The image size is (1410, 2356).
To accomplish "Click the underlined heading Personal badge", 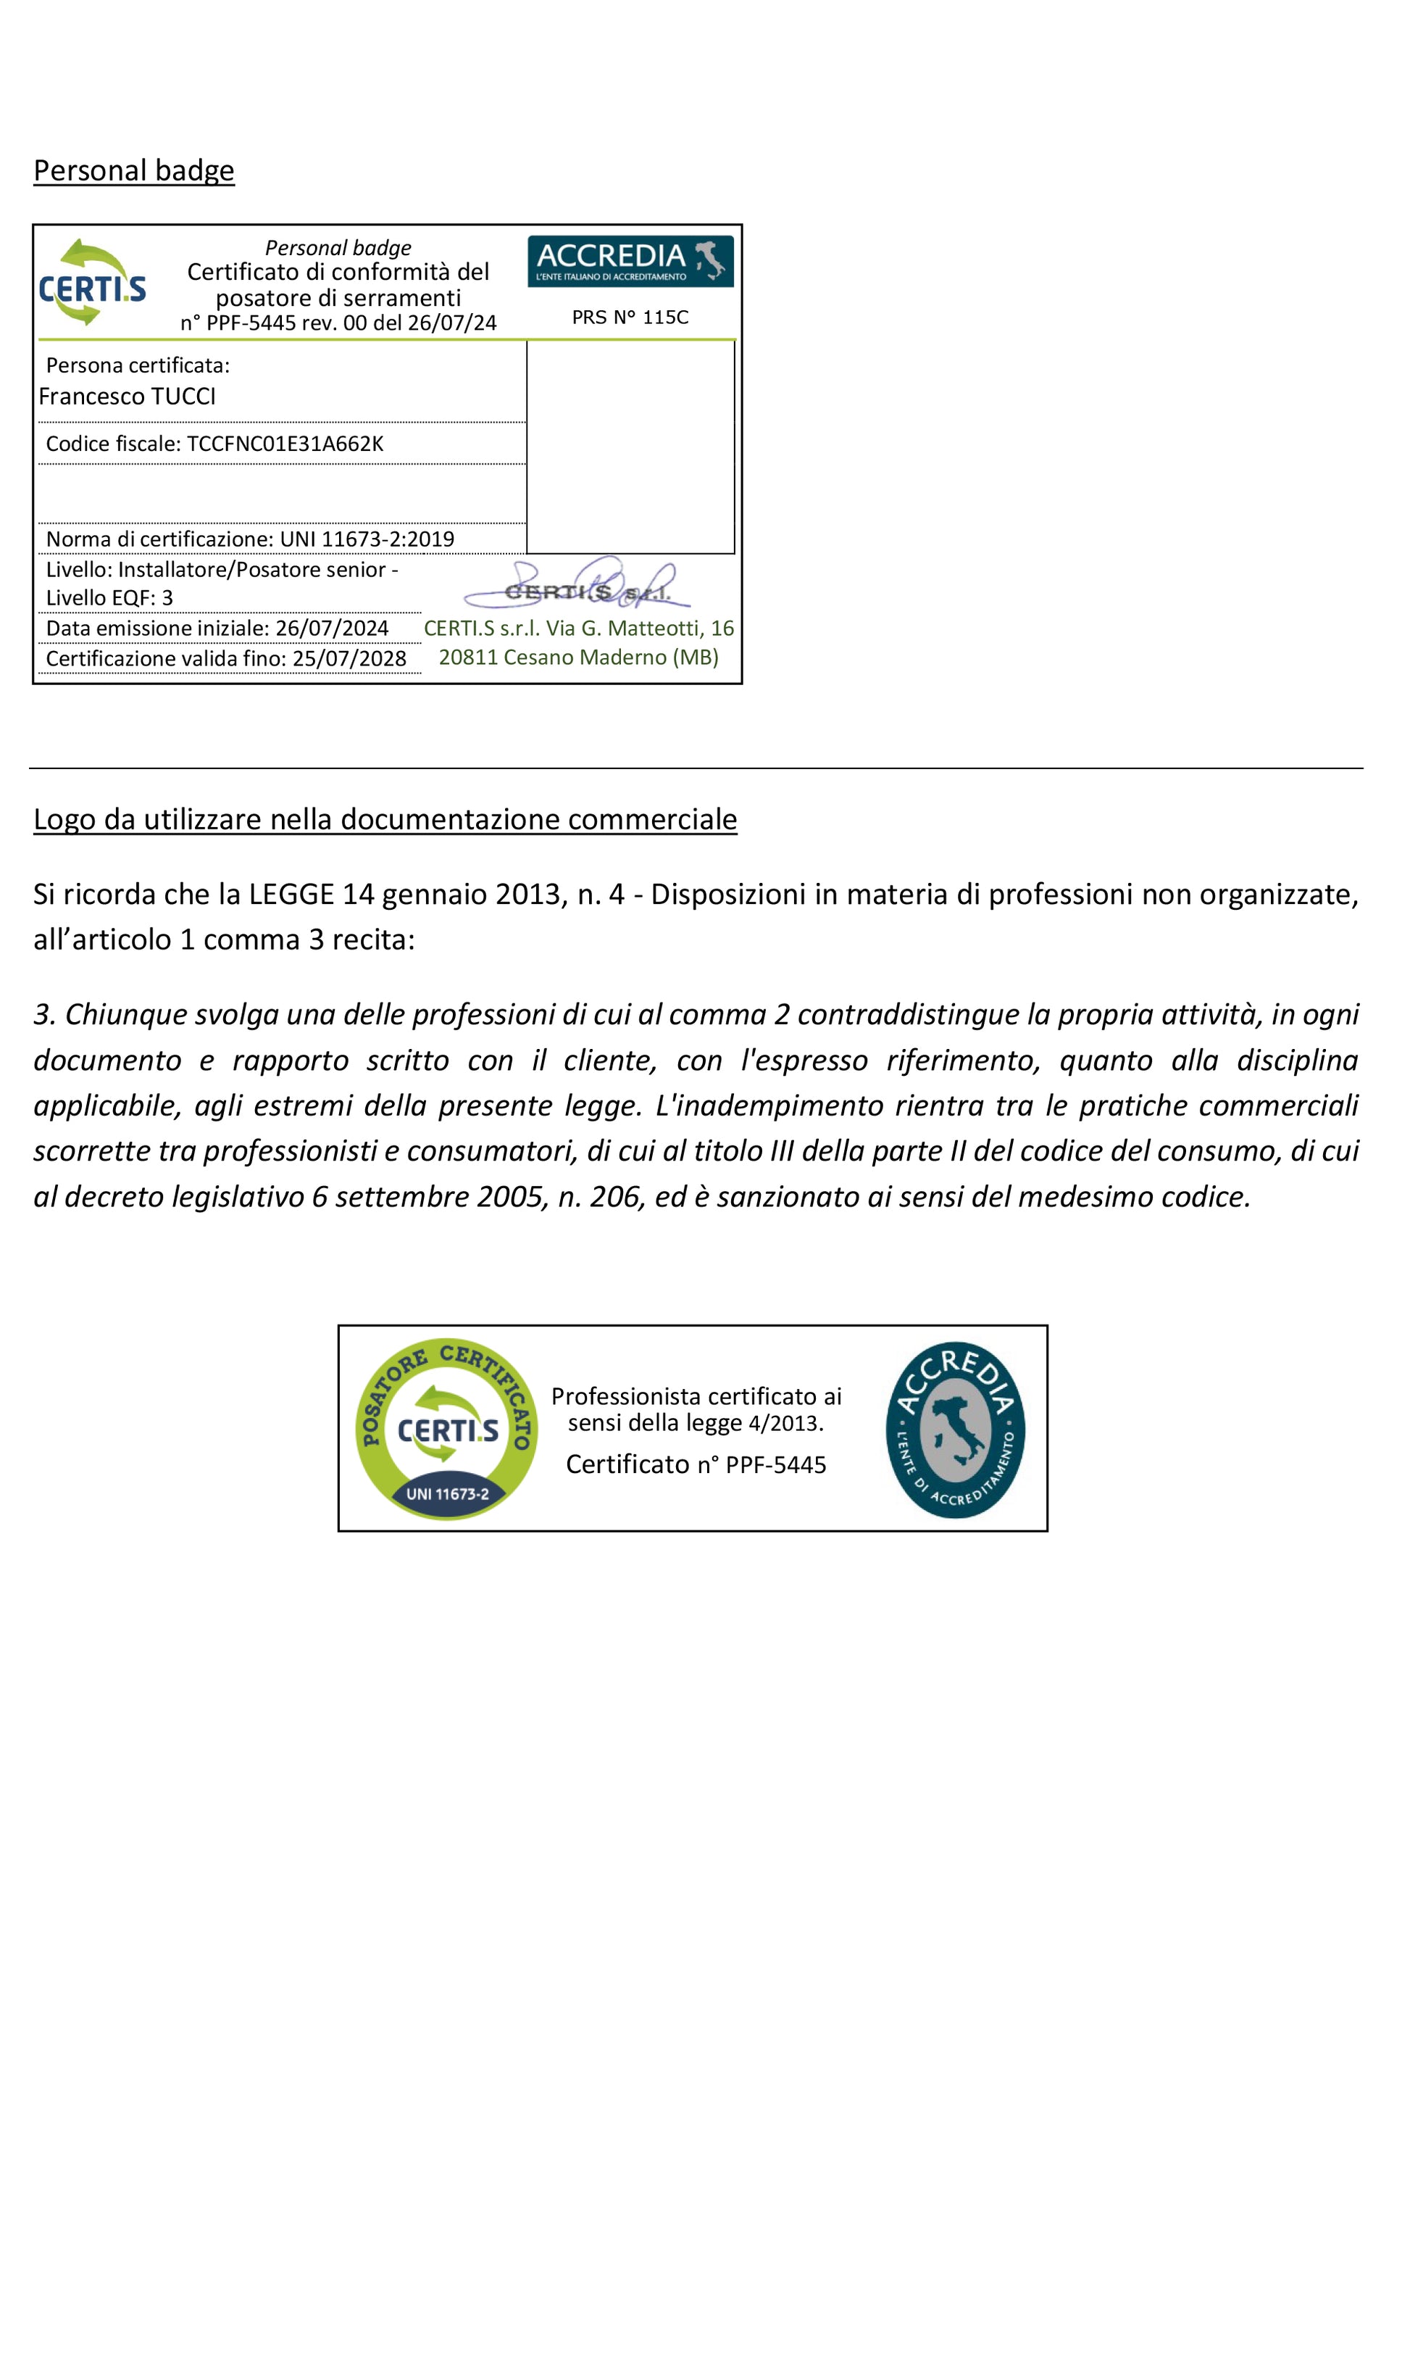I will click(x=133, y=171).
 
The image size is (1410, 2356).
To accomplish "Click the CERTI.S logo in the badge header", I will click(x=92, y=282).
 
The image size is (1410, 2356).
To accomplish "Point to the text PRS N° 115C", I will click(x=630, y=318).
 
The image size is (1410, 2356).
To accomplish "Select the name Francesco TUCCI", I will click(x=128, y=397).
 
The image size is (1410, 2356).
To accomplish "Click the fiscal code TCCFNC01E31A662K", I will click(x=285, y=444).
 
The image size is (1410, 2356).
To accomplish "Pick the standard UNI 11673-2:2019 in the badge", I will click(x=367, y=539).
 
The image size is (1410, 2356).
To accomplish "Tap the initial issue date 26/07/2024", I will click(x=332, y=629).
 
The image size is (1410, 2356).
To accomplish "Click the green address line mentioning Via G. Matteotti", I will click(x=579, y=629).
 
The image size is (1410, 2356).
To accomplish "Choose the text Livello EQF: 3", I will click(x=109, y=598).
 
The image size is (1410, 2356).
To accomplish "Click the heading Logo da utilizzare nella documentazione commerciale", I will click(x=385, y=819).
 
